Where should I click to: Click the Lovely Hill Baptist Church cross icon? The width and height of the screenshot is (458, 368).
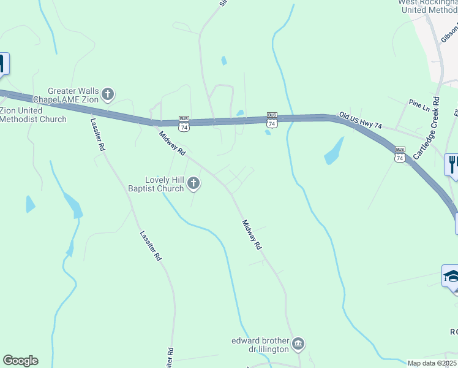point(193,183)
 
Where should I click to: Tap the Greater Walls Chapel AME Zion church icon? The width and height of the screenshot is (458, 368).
point(108,94)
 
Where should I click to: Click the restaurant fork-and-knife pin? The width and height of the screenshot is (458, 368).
point(452,164)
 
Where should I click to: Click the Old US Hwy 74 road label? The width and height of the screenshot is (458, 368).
point(361,121)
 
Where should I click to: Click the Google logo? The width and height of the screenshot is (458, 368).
point(20,361)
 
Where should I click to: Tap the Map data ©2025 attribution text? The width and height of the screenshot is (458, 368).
point(432,363)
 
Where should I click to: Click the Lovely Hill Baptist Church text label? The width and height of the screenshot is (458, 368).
point(163,184)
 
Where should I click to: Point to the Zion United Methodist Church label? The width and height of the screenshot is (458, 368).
point(33,115)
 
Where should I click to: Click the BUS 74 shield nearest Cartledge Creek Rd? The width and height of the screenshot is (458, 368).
point(400,154)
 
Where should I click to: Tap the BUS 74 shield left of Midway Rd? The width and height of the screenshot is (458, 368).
point(184,123)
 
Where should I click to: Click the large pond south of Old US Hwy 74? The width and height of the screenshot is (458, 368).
point(334,151)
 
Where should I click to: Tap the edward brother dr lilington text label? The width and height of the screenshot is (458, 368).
point(260,345)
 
